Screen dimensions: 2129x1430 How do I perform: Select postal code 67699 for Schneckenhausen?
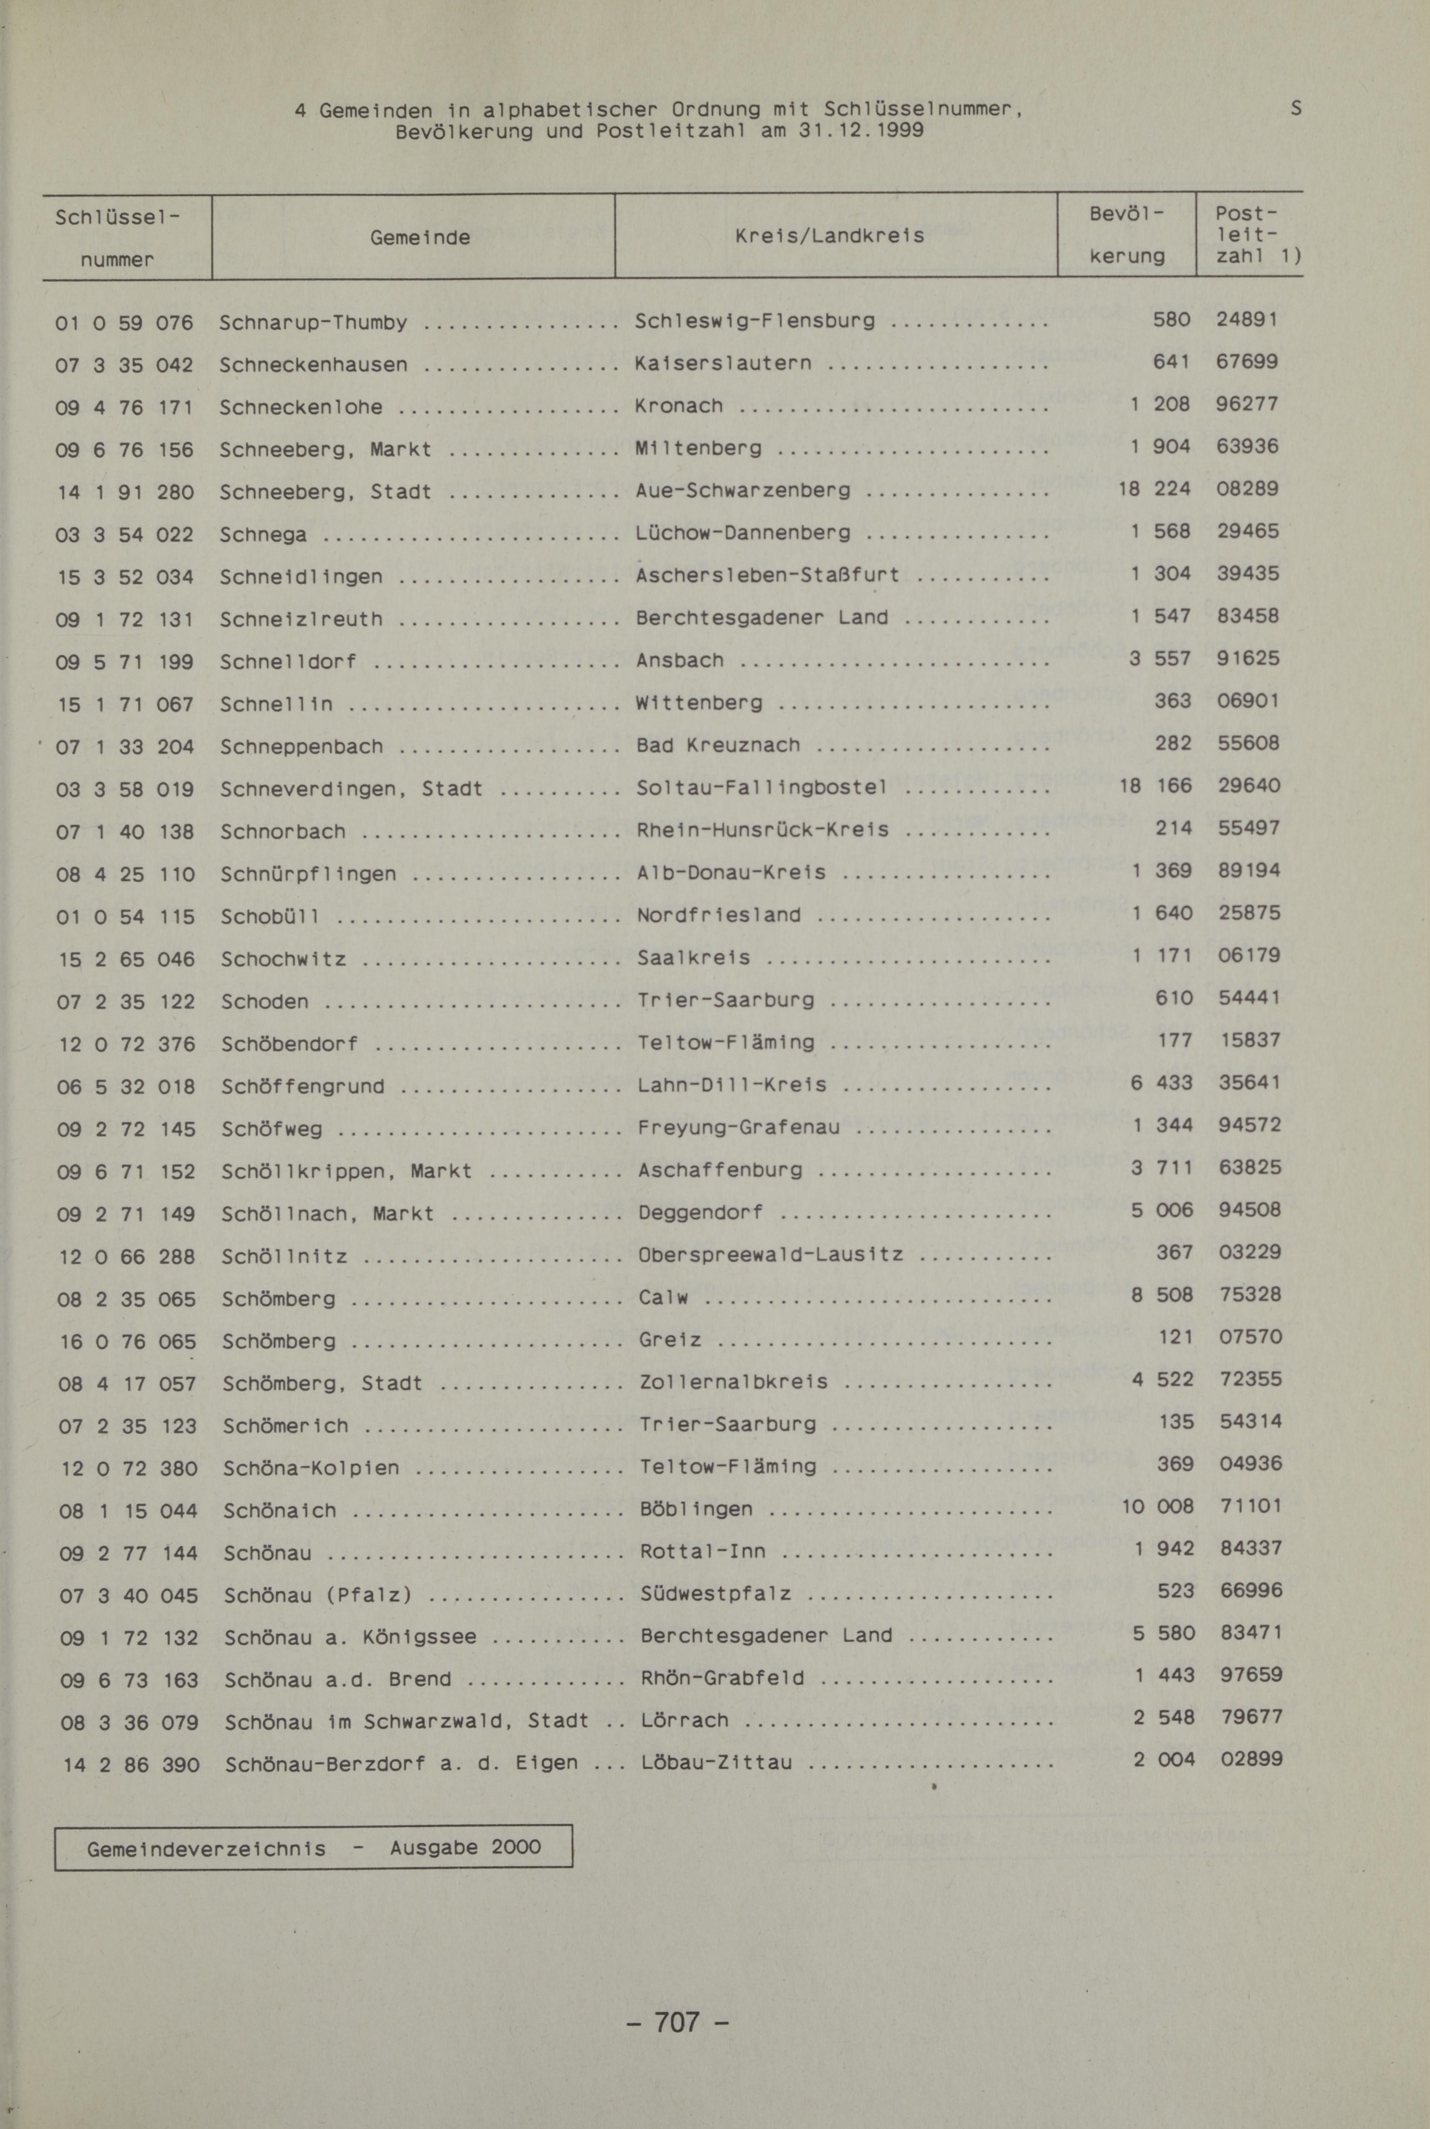pyautogui.click(x=1247, y=362)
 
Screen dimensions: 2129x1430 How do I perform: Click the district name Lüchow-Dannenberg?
pyautogui.click(x=743, y=532)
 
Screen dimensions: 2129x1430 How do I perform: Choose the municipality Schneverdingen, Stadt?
pyautogui.click(x=351, y=788)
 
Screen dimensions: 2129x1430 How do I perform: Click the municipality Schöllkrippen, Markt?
pyautogui.click(x=346, y=1171)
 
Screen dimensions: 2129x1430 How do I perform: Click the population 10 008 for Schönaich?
pyautogui.click(x=1156, y=1507)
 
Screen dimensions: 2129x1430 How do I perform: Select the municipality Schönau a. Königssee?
pyautogui.click(x=350, y=1637)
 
